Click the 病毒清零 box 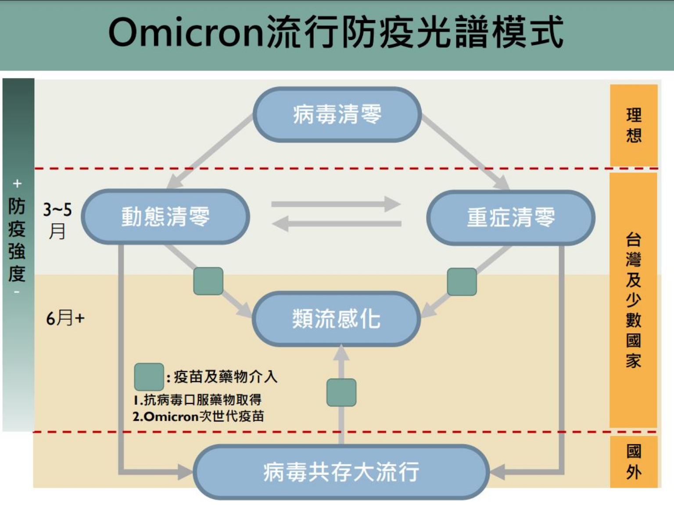[x=337, y=114]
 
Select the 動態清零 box [x=165, y=217]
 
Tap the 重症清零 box [x=510, y=217]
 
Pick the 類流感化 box [x=336, y=319]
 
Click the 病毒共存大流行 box [x=341, y=472]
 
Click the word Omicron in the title [x=186, y=33]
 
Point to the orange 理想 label [x=633, y=125]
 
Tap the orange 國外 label [x=633, y=462]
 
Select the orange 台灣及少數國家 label [x=633, y=300]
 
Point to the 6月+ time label [x=65, y=318]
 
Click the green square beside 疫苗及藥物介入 [x=149, y=377]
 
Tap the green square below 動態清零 [x=208, y=281]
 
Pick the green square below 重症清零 [x=462, y=282]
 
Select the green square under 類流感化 [x=341, y=393]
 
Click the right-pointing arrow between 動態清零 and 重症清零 [x=336, y=204]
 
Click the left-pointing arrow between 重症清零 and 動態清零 [x=336, y=224]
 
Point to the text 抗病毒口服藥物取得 [x=202, y=400]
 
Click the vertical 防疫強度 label [x=17, y=239]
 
